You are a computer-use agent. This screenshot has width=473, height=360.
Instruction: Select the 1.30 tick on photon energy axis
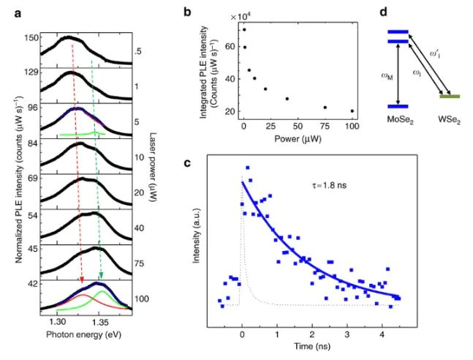point(57,320)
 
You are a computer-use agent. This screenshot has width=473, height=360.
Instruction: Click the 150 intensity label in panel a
point(30,38)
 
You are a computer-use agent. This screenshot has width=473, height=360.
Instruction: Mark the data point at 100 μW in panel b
point(352,111)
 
